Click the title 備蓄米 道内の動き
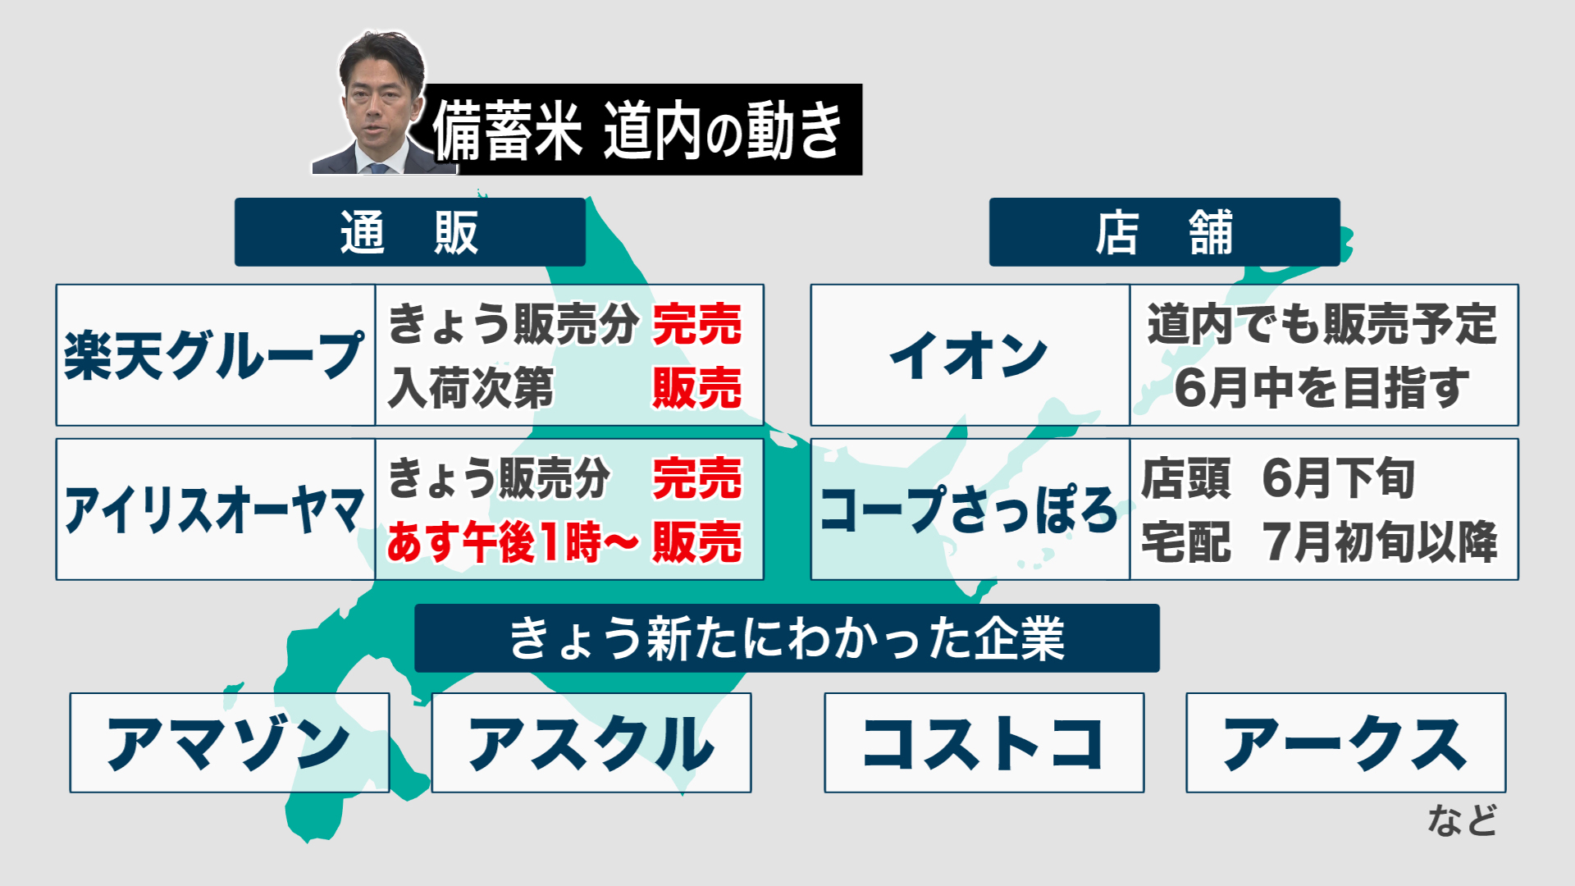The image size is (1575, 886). (638, 130)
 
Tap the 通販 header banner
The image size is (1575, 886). (409, 232)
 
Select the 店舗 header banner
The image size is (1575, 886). (1164, 232)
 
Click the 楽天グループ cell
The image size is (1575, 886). (215, 355)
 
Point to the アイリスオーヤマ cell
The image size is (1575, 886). (215, 509)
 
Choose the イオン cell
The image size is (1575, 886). (970, 355)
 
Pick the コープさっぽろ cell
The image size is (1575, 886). (970, 509)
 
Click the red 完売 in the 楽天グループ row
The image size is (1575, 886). (697, 324)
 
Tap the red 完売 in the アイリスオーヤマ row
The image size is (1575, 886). (697, 478)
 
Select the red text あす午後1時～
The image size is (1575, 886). (512, 542)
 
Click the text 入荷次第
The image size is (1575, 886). (471, 388)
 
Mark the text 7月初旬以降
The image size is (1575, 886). (1381, 542)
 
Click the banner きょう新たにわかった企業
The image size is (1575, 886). (787, 638)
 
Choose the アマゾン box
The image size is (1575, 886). (230, 742)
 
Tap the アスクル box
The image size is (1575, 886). (591, 742)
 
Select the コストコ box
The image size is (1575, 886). (984, 742)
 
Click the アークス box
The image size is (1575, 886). (1345, 742)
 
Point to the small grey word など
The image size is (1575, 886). (1462, 820)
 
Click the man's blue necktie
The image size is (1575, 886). (378, 168)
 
